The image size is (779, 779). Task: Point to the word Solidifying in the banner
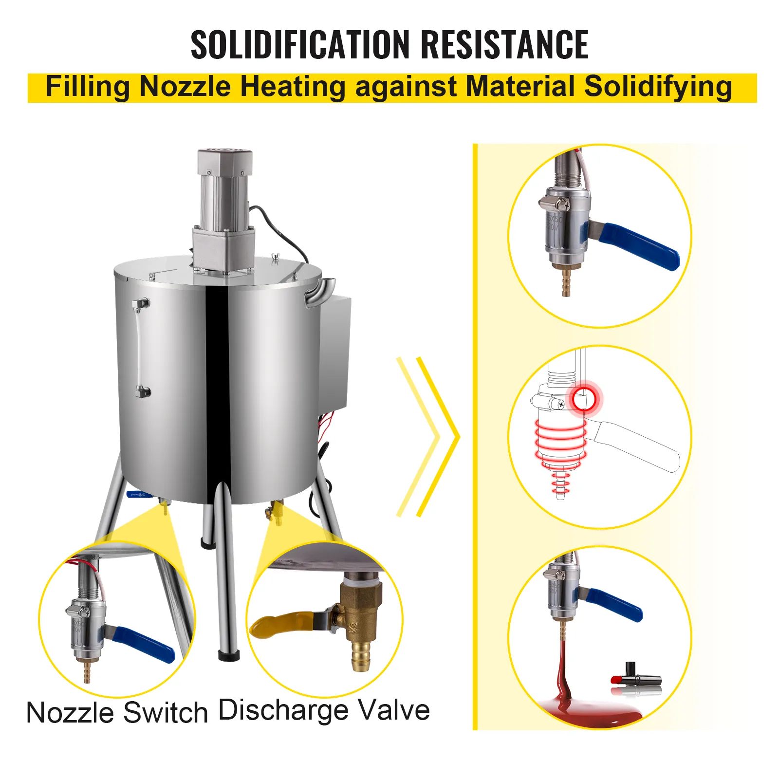pos(658,87)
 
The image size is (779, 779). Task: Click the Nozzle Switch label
pos(117,713)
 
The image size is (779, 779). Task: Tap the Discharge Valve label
pos(324,710)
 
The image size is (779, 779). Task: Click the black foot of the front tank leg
pos(228,655)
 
